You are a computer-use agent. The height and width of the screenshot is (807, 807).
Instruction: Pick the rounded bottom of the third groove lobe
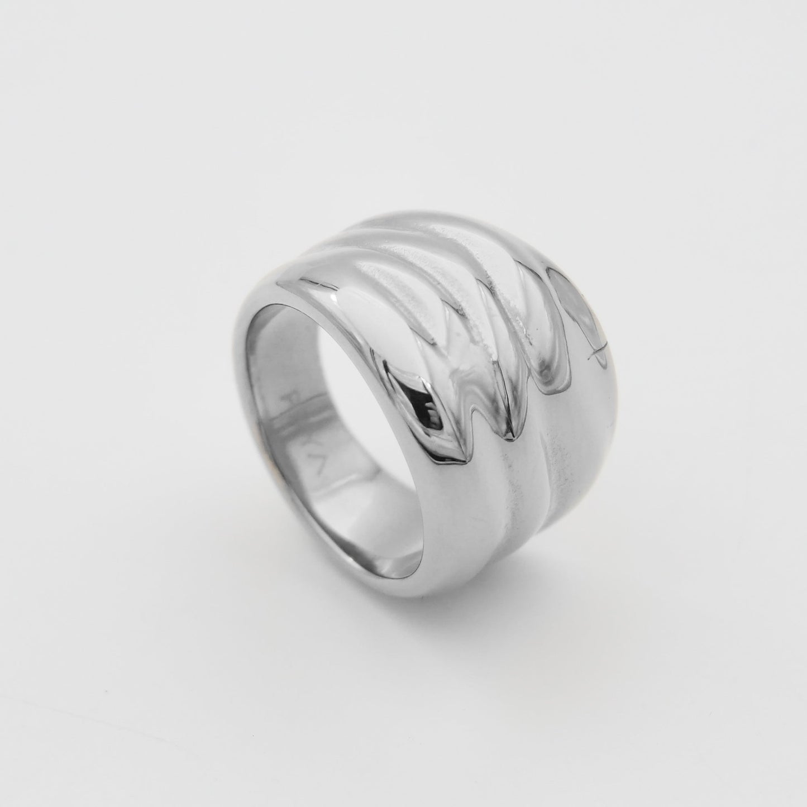coord(550,385)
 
